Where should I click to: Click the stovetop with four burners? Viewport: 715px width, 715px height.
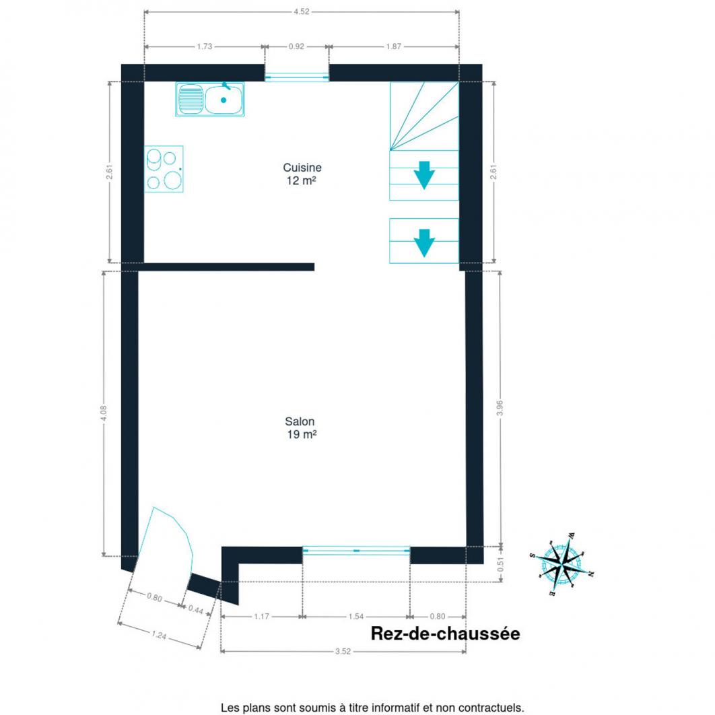(x=164, y=169)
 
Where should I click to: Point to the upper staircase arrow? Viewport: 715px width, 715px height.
(x=424, y=175)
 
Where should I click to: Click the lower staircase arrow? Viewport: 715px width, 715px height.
(x=424, y=243)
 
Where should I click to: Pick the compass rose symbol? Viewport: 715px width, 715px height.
(x=563, y=564)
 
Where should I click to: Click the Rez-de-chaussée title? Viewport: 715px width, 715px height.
(x=445, y=634)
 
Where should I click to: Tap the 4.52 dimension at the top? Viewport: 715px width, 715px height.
(x=302, y=11)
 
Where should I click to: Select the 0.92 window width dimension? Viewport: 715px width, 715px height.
(x=296, y=46)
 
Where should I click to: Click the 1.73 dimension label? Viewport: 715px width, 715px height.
(x=204, y=46)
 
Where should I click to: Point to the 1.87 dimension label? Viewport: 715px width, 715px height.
(x=394, y=46)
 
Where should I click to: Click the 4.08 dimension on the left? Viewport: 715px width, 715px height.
(x=104, y=413)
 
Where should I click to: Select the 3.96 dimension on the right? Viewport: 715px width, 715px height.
(x=500, y=408)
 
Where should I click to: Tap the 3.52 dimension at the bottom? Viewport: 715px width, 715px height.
(x=343, y=651)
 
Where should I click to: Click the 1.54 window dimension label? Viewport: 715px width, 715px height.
(x=355, y=617)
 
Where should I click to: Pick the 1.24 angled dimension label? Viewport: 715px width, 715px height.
(x=159, y=634)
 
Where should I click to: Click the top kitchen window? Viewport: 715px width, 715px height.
(x=297, y=77)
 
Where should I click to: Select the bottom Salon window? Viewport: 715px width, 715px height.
(x=356, y=551)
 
